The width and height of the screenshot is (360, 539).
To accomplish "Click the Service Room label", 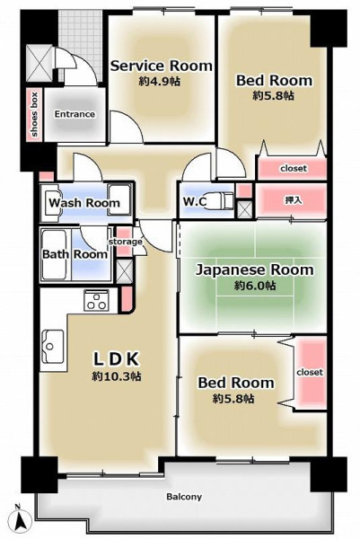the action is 162,66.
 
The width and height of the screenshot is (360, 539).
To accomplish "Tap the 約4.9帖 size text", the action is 160,82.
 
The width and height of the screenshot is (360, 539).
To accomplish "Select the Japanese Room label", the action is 255,269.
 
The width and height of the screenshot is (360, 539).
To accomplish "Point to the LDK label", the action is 117,359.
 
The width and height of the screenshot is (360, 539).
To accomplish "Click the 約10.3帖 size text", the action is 117,376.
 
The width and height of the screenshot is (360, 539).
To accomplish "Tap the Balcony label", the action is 184,497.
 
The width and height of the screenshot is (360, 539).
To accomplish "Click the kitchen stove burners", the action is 96,300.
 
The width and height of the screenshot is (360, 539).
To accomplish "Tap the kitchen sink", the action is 53,346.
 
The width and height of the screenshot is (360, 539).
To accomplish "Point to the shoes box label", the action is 34,114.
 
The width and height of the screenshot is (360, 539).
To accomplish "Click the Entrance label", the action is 75,114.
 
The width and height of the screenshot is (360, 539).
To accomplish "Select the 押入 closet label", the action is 294,200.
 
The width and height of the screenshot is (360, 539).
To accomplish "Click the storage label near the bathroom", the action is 126,242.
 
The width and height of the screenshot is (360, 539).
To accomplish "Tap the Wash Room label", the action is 84,203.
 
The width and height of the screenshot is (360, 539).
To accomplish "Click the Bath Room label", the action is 75,254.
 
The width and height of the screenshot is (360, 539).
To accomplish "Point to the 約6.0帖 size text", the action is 255,286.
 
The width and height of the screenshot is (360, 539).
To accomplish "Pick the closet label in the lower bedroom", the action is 310,372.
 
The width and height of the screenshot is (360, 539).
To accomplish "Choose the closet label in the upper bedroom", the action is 294,169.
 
